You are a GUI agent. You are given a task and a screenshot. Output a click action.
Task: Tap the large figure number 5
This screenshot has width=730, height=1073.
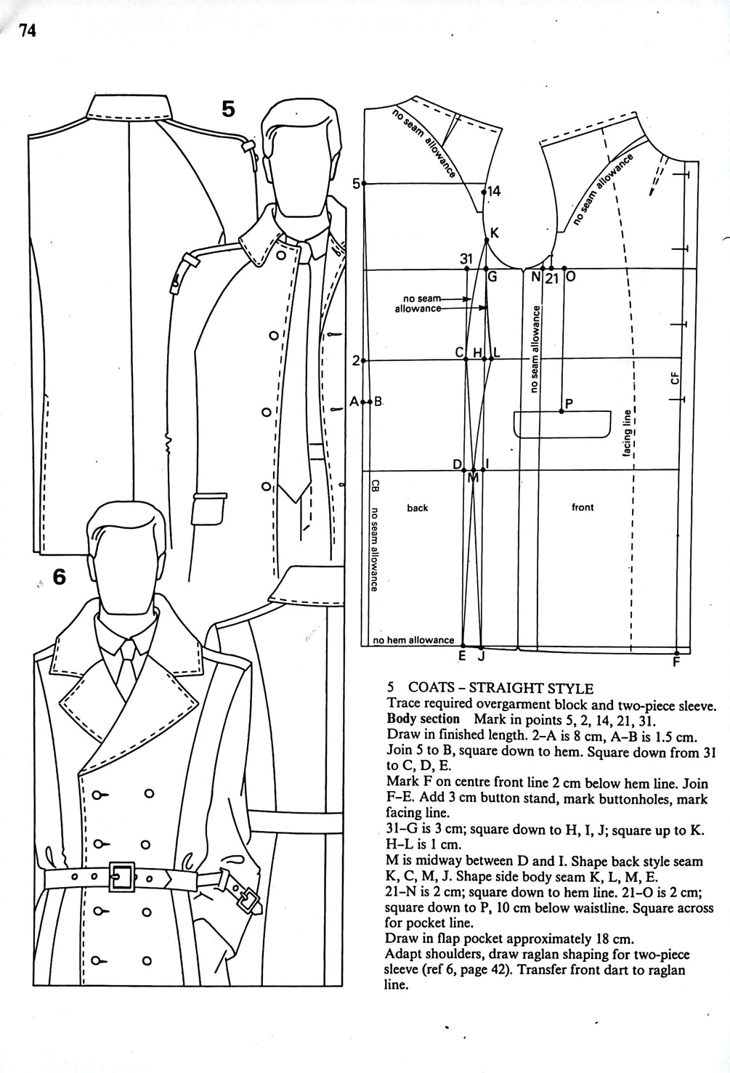click(229, 109)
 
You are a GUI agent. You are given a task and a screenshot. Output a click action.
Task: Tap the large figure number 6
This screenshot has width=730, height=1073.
click(60, 577)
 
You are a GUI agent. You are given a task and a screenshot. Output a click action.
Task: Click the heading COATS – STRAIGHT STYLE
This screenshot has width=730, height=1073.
click(500, 688)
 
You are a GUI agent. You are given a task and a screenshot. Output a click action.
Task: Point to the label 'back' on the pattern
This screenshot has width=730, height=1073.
click(418, 508)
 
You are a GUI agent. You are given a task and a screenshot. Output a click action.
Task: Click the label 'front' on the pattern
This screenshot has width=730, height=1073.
click(583, 507)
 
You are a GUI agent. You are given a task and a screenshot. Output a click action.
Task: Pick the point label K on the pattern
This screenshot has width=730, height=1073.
click(495, 233)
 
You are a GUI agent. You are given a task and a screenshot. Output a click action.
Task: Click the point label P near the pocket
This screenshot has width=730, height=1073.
click(569, 404)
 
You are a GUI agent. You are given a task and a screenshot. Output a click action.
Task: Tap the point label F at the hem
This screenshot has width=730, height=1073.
click(676, 663)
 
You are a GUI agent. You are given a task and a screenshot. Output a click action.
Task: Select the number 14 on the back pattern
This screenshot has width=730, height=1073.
click(493, 192)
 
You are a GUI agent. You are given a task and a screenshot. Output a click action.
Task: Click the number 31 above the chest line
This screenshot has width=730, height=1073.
click(466, 258)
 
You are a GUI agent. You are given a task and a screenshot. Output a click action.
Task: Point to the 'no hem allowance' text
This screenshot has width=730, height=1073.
click(413, 640)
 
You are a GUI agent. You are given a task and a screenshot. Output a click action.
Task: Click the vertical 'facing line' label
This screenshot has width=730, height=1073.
click(626, 434)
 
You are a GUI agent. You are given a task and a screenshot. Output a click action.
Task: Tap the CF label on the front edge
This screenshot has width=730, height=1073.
click(675, 378)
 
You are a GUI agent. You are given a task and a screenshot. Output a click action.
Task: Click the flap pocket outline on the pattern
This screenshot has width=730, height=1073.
click(561, 425)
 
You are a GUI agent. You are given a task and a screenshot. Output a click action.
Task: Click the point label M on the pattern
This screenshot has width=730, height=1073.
click(474, 478)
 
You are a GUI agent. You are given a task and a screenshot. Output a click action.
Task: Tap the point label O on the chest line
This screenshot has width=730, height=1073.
click(569, 278)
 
